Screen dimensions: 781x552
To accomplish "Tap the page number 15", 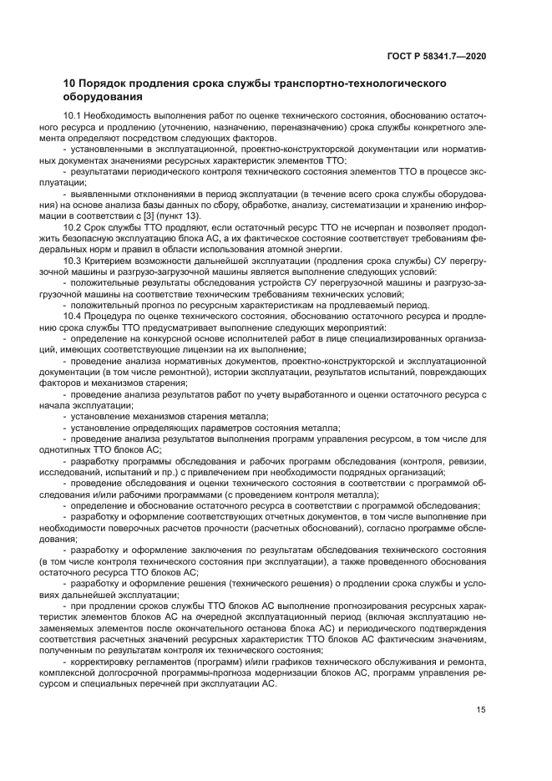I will [x=481, y=710].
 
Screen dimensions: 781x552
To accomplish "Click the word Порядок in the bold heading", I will [x=109, y=84].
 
